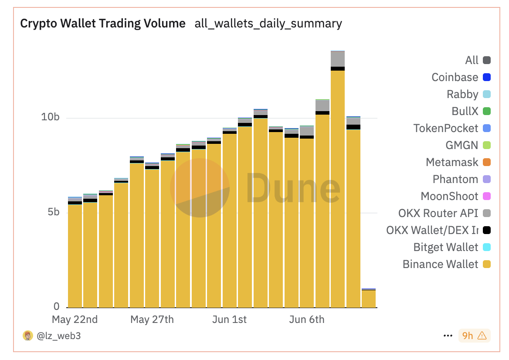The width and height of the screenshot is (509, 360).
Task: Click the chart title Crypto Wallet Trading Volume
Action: [103, 24]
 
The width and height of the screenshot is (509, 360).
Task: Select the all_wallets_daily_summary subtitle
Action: [268, 24]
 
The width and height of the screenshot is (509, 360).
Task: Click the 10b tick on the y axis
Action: [50, 117]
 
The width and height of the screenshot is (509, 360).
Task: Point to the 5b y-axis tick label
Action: [53, 212]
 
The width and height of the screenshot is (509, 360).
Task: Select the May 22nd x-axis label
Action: [75, 319]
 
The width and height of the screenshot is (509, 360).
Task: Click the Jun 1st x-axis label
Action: [229, 319]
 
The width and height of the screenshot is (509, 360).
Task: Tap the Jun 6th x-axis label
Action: [307, 319]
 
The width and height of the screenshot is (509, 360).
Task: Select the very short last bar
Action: [369, 299]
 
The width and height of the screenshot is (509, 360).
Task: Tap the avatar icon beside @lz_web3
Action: [28, 336]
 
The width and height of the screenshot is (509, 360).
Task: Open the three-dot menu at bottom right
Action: [448, 336]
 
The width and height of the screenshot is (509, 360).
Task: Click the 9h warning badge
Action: [474, 336]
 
